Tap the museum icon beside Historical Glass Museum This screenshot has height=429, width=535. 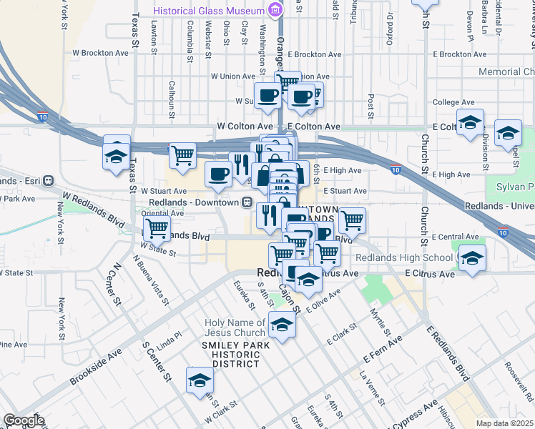tap(274, 10)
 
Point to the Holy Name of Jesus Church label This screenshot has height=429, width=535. tap(235, 327)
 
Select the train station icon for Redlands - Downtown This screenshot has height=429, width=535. tap(245, 202)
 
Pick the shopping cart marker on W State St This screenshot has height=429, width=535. tap(156, 229)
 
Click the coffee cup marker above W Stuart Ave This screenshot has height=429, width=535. tap(218, 173)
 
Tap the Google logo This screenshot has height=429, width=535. tap(24, 420)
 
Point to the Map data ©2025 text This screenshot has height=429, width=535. tap(504, 423)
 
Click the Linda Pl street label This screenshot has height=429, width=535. tap(170, 335)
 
